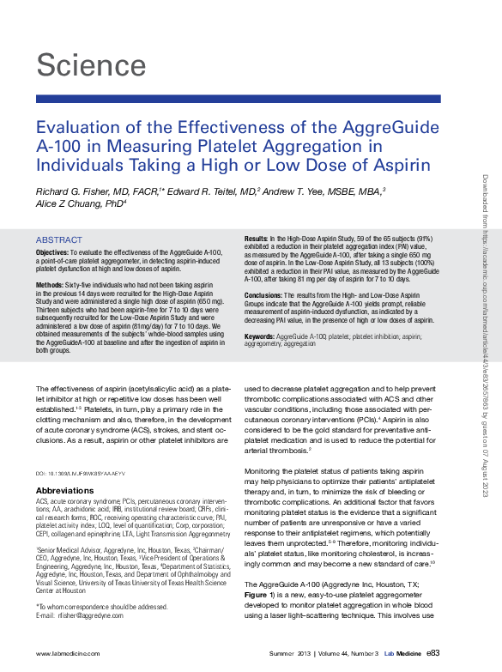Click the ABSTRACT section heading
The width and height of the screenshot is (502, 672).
coord(59,240)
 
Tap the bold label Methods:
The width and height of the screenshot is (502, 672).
coord(51,283)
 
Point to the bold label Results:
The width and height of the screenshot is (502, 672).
coord(256,236)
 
